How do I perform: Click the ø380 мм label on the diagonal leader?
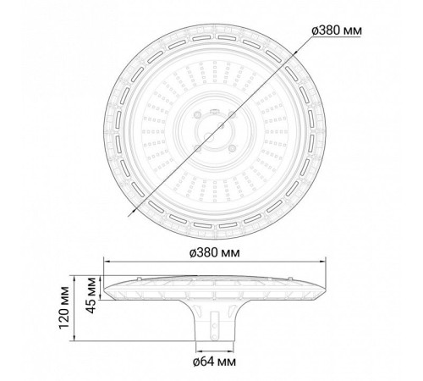pos(337,30)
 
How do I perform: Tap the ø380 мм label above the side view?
pos(215,252)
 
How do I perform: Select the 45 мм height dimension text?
pos(91,295)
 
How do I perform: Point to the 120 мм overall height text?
pos(64,308)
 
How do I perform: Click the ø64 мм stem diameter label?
pos(214,362)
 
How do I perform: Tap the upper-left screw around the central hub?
pos(197,115)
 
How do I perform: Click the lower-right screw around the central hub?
pos(233,148)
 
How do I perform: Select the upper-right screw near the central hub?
pos(232,114)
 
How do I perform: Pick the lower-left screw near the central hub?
pos(197,148)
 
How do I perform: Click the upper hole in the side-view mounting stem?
pos(215,326)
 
